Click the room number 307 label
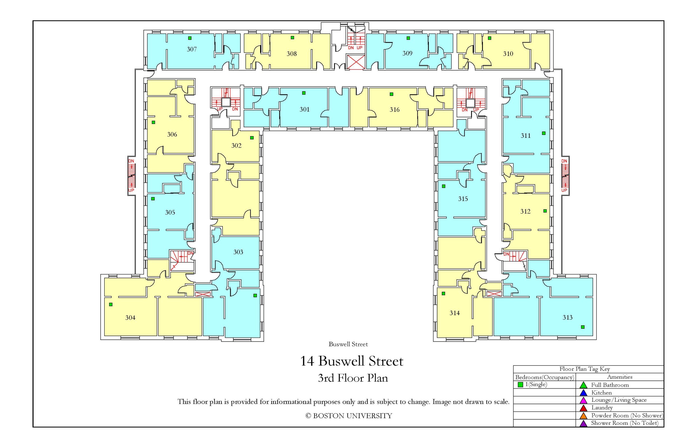(x=192, y=49)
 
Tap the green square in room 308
(x=292, y=38)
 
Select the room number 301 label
(x=304, y=109)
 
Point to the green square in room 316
(x=391, y=94)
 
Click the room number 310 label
(x=508, y=54)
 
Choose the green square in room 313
(x=582, y=327)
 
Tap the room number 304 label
(x=130, y=317)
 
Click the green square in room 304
(x=111, y=304)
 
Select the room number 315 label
(x=463, y=199)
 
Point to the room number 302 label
(x=236, y=145)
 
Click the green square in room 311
(x=544, y=133)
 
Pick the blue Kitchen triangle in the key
(x=583, y=393)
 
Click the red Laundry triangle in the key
(x=583, y=408)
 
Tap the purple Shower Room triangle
(x=583, y=423)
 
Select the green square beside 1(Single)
(x=520, y=385)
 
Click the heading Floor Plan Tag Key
(x=584, y=369)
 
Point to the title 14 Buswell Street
(x=351, y=361)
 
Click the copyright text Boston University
(x=348, y=416)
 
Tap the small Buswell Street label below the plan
(x=348, y=344)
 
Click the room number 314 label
(x=455, y=313)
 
